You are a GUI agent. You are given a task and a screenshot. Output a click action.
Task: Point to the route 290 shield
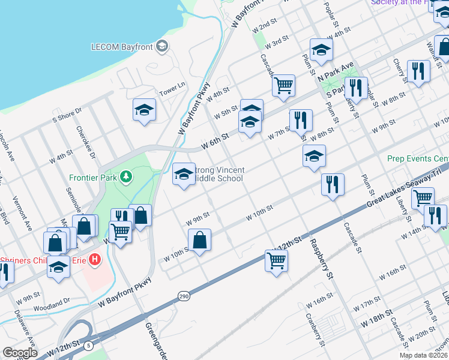point(184,296)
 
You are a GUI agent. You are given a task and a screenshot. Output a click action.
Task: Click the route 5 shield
point(88,345)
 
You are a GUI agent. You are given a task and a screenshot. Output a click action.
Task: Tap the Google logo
point(20,353)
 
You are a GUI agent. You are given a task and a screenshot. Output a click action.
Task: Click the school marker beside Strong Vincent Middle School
point(184,175)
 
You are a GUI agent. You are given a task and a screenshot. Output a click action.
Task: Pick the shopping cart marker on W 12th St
point(276,260)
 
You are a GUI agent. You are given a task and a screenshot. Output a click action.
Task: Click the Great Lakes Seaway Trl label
point(409,190)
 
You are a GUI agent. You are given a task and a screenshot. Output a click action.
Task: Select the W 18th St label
point(376,319)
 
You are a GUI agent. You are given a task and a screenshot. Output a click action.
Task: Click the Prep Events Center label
point(418,159)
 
